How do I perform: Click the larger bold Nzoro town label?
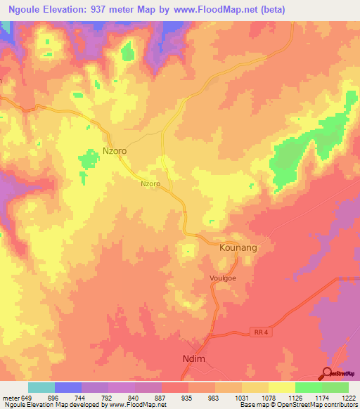pyautogui.click(x=115, y=151)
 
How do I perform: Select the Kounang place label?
pyautogui.click(x=238, y=249)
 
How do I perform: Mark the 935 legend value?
pyautogui.click(x=188, y=397)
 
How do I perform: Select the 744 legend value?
pyautogui.click(x=82, y=397)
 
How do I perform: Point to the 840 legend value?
pyautogui.click(x=135, y=397)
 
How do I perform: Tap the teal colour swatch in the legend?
pyautogui.click(x=41, y=387)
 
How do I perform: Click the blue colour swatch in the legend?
pyautogui.click(x=68, y=387)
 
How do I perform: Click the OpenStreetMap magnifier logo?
pyautogui.click(x=328, y=372)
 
